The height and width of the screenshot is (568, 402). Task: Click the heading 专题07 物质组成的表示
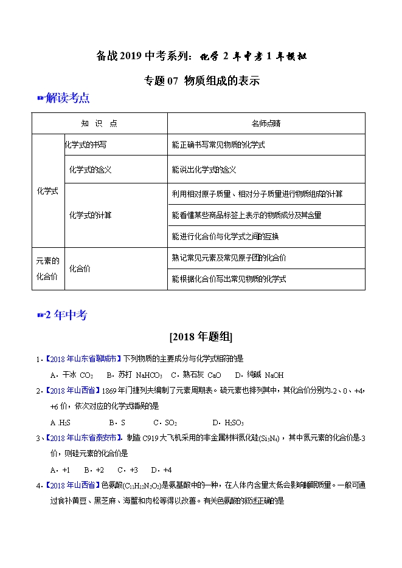[201, 80]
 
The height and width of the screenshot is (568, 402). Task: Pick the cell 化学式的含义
[91, 169]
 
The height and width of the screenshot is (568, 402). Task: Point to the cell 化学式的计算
[91, 214]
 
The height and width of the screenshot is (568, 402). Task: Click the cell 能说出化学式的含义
[204, 169]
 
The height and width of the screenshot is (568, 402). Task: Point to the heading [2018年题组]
[201, 337]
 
